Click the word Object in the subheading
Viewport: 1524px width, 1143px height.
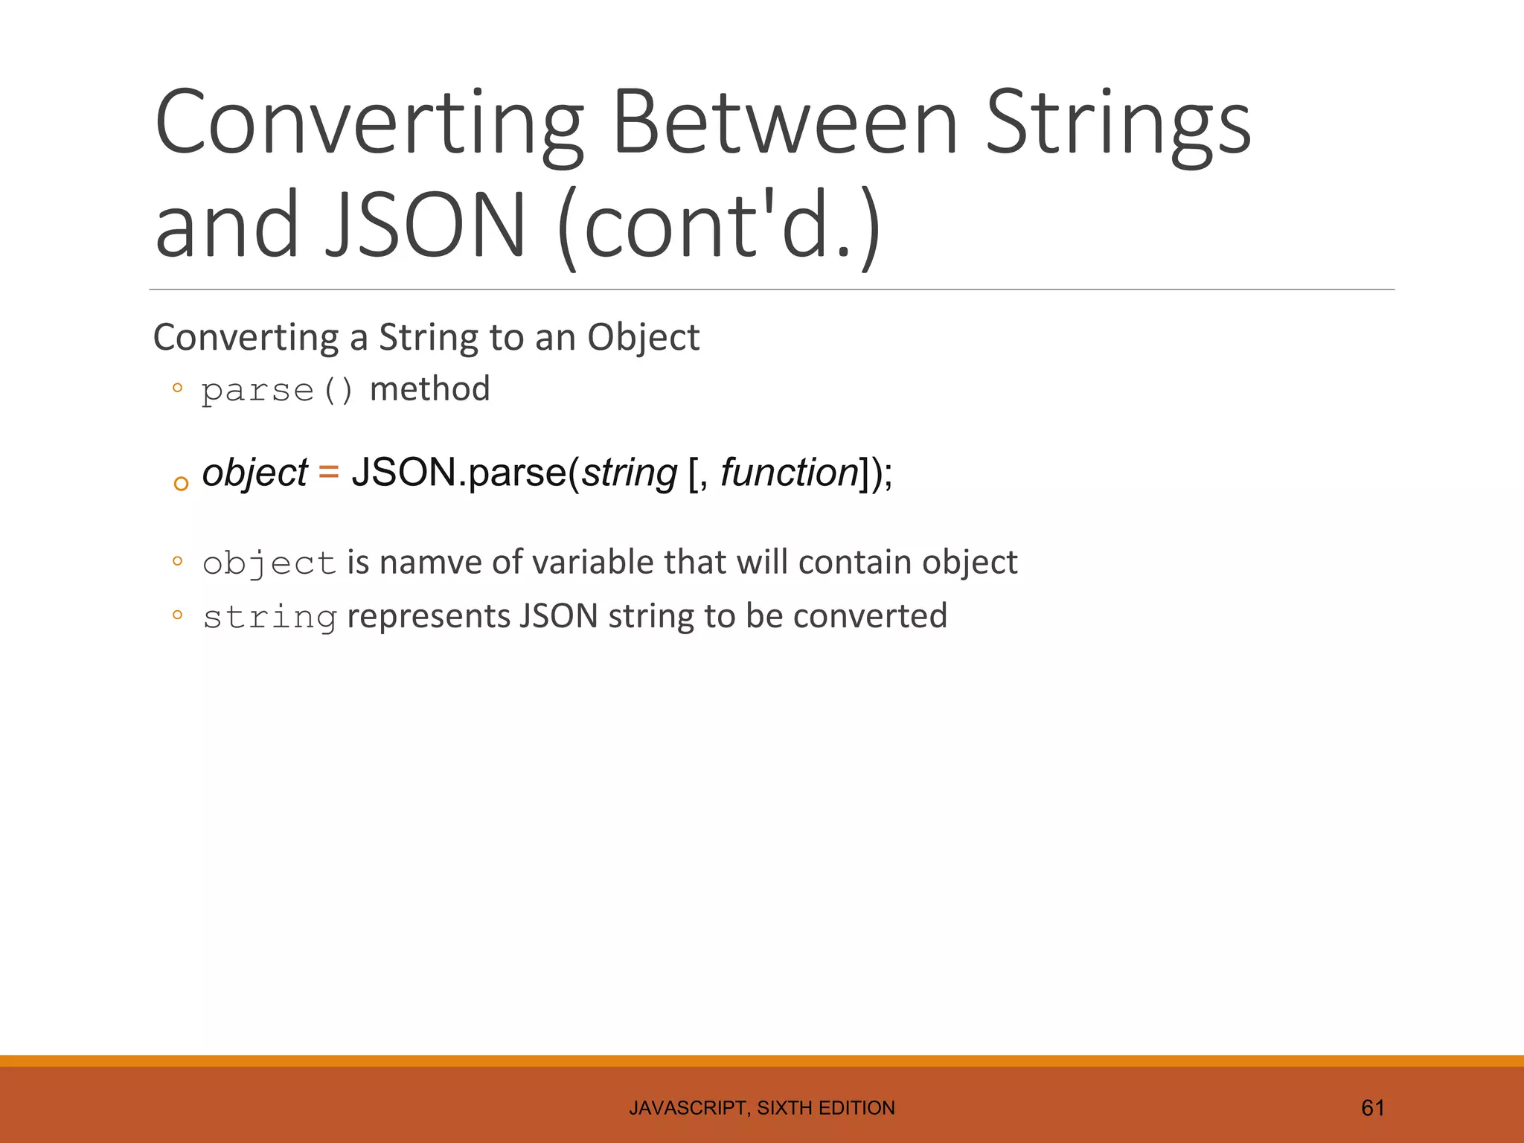click(643, 338)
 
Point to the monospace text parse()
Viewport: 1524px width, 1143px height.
click(277, 391)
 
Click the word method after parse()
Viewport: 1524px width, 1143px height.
click(429, 389)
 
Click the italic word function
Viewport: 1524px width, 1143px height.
click(789, 473)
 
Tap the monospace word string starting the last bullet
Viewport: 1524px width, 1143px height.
click(269, 618)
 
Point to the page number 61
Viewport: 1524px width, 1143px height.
click(1372, 1108)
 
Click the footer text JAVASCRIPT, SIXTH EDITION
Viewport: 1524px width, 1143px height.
click(761, 1108)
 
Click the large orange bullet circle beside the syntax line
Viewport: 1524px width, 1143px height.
click(181, 484)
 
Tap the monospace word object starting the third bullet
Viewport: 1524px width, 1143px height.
click(269, 564)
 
